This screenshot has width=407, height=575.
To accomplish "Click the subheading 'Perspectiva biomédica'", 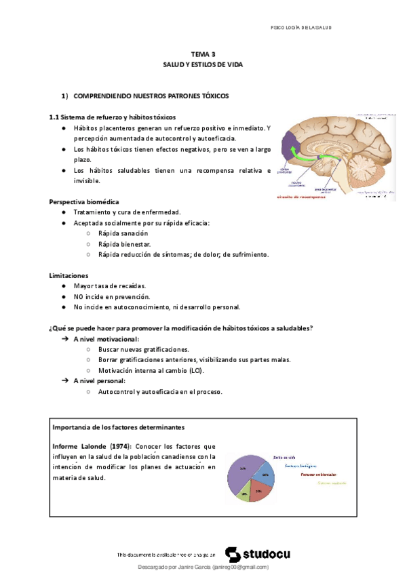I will point(84,201).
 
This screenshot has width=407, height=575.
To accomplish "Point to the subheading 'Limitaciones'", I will point(69,276).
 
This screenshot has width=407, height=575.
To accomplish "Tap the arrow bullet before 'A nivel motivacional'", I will point(64,338).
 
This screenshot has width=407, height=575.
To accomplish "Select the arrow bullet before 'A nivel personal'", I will point(64,381).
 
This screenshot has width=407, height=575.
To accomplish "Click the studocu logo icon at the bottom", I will point(233,554).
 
